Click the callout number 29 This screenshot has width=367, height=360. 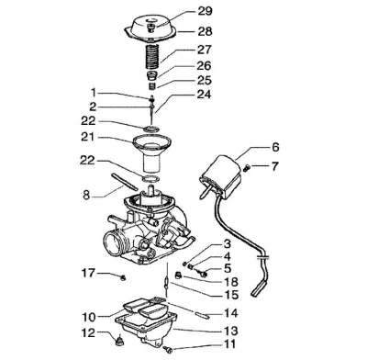click(205, 11)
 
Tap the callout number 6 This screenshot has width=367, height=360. click(275, 147)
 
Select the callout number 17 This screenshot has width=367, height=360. click(88, 273)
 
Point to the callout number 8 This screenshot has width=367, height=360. click(86, 195)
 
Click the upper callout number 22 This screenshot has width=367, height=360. click(88, 121)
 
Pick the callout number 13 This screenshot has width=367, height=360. click(230, 331)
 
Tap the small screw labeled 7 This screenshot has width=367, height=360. click(247, 167)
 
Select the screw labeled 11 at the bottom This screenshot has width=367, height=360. click(168, 349)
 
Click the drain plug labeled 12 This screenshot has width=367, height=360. click(119, 341)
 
